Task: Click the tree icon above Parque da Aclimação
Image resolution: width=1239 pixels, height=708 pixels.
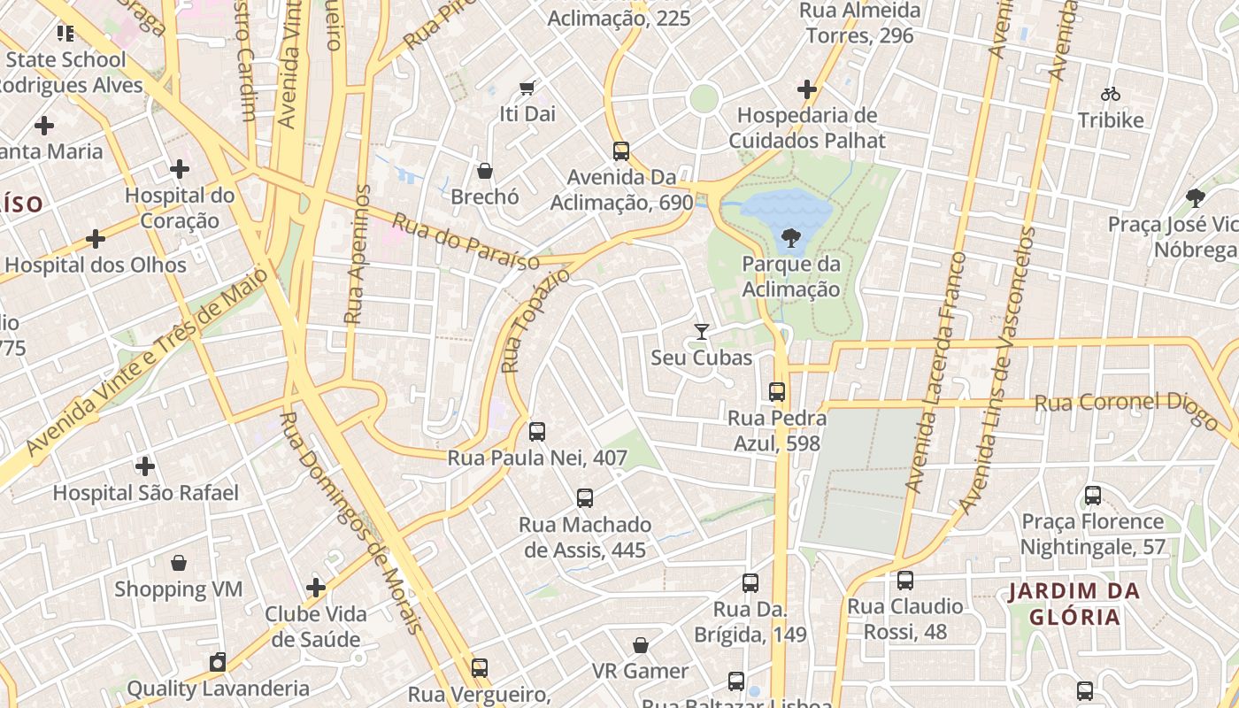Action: tap(790, 237)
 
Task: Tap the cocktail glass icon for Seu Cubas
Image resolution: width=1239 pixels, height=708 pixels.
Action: tap(702, 332)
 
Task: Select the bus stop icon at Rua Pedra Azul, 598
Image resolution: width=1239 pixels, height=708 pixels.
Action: tap(777, 391)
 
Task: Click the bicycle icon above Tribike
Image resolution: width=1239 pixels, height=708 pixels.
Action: tap(1111, 93)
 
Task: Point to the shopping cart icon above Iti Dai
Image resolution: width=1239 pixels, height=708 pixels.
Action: tap(527, 88)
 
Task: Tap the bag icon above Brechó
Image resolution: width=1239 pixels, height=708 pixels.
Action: tap(485, 170)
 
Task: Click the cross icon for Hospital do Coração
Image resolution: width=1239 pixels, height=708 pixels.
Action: tap(180, 168)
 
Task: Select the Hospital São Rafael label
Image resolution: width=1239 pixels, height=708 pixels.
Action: tap(146, 493)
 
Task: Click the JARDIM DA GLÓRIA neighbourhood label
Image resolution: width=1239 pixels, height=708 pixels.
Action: tap(1074, 604)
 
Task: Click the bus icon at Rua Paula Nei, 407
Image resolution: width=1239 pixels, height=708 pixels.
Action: tap(537, 432)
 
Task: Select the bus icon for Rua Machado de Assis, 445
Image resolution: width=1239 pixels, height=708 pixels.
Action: tap(585, 497)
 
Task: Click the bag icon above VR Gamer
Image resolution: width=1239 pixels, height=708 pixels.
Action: tap(641, 645)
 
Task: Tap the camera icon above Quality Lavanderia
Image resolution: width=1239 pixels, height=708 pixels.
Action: tap(218, 662)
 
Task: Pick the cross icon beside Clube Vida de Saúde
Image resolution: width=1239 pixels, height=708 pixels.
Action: tap(316, 588)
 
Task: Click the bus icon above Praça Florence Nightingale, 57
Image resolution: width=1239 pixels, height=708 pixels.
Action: tap(1093, 496)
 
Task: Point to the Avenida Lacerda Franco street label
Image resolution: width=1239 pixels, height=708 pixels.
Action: tap(937, 373)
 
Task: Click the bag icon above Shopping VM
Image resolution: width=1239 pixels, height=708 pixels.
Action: tap(179, 563)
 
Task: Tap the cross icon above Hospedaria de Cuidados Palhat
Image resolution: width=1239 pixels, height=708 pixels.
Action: tap(807, 89)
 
